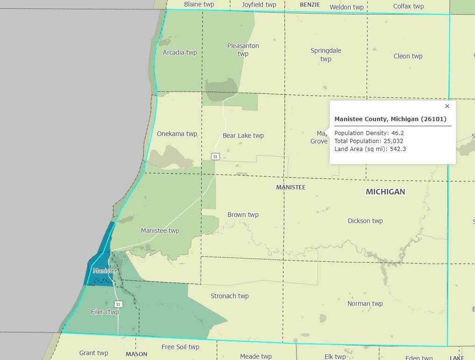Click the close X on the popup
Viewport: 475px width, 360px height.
pos(447,106)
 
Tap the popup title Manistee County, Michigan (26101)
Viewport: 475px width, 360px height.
pos(390,119)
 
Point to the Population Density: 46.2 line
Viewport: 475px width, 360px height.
pos(369,133)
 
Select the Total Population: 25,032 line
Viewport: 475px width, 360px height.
pos(369,141)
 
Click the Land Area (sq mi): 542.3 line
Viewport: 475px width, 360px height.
pos(370,149)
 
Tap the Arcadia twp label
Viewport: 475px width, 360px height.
pos(180,52)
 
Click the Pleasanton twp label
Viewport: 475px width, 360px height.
pos(243,50)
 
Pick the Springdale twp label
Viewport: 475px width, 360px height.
pos(326,54)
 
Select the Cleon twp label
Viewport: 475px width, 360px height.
pos(408,56)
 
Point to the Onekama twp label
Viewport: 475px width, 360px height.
pos(177,134)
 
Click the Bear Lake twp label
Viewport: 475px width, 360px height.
pos(243,136)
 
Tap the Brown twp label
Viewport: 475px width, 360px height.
pos(243,215)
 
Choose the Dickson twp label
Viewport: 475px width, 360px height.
pos(365,221)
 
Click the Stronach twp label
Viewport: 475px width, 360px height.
pos(229,296)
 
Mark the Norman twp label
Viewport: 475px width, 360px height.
pos(365,303)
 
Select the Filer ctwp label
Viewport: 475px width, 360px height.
pos(105,312)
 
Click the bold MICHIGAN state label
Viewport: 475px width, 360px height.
pos(385,192)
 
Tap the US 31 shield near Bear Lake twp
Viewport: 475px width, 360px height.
pos(215,157)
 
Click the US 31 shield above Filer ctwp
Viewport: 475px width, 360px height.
pos(118,304)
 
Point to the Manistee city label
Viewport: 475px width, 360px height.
pos(105,271)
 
